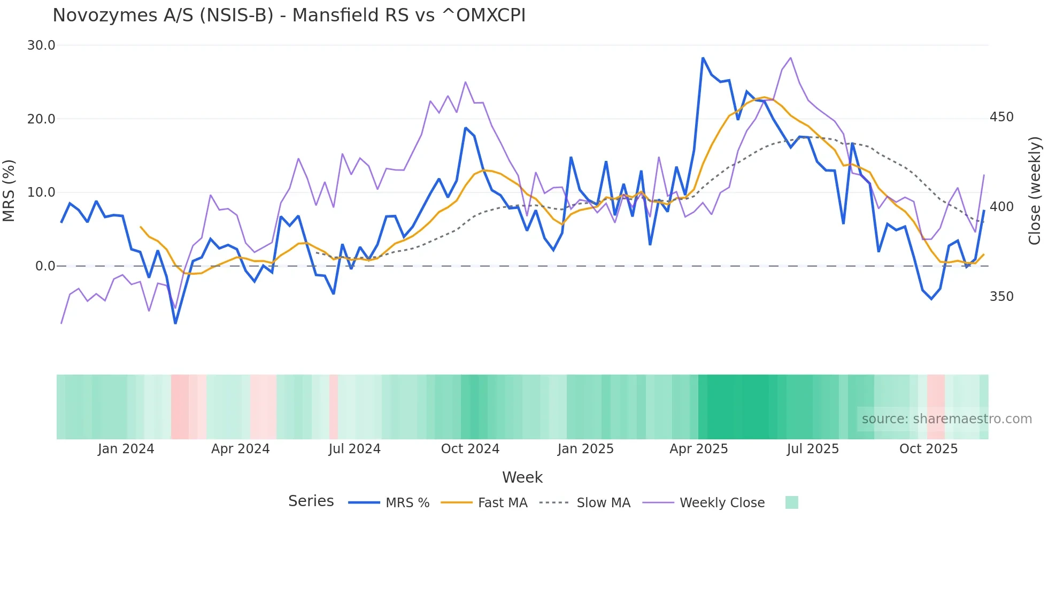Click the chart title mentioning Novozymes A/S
pyautogui.click(x=289, y=15)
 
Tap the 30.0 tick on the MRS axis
pyautogui.click(x=41, y=45)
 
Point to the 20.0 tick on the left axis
pyautogui.click(x=41, y=119)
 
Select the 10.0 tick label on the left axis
pyautogui.click(x=41, y=192)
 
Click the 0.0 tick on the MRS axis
pyautogui.click(x=45, y=266)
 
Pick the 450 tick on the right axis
pyautogui.click(x=1001, y=117)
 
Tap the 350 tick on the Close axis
pyautogui.click(x=1001, y=297)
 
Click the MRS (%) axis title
pyautogui.click(x=9, y=190)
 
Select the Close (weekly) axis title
pyautogui.click(x=1035, y=190)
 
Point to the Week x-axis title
pyautogui.click(x=522, y=477)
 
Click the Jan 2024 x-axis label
pyautogui.click(x=126, y=449)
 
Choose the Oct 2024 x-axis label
pyautogui.click(x=470, y=449)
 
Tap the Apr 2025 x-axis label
pyautogui.click(x=698, y=449)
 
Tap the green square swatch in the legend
pyautogui.click(x=791, y=502)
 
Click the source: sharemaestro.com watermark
pyautogui.click(x=946, y=419)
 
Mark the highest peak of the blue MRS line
pyautogui.click(x=703, y=58)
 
